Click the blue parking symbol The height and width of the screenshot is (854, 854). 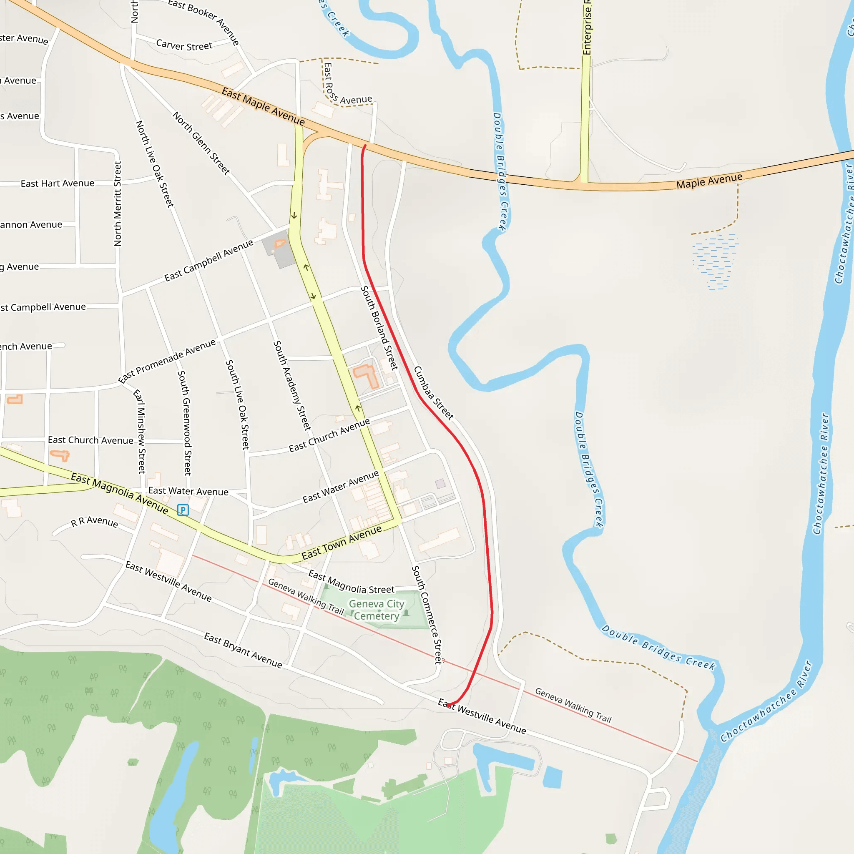(183, 510)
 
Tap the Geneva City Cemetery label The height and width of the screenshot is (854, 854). (377, 610)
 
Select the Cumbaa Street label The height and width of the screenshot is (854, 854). (434, 393)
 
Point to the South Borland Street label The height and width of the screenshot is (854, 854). (379, 327)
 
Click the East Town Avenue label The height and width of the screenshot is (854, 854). (341, 543)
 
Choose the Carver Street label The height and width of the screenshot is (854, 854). (184, 45)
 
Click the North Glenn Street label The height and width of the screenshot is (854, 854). (201, 143)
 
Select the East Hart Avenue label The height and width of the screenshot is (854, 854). (58, 183)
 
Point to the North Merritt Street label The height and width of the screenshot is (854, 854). (118, 204)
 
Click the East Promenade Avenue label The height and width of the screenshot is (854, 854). (167, 361)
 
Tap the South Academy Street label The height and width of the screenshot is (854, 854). (292, 385)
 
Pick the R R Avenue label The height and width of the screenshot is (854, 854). (95, 522)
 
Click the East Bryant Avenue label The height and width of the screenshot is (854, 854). (243, 650)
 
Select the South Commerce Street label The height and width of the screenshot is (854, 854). (427, 614)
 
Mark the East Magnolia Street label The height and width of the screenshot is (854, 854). (351, 582)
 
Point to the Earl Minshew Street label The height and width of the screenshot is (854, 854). (140, 432)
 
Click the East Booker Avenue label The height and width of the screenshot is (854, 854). (204, 21)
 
